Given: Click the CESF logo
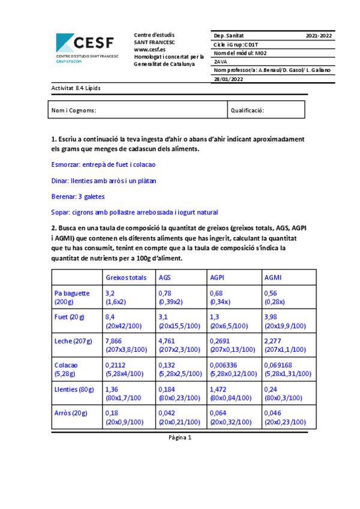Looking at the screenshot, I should (x=87, y=47).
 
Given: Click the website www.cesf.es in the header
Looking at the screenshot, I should (x=149, y=49).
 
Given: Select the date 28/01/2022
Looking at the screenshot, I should (x=229, y=79).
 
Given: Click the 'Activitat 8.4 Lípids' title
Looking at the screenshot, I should (x=76, y=88).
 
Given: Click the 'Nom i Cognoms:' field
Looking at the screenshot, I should (x=74, y=110).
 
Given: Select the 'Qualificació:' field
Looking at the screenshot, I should (x=248, y=110).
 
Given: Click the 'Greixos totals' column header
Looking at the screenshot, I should (x=126, y=277).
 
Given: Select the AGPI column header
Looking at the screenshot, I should (x=217, y=277).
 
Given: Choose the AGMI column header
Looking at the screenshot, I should (x=273, y=277).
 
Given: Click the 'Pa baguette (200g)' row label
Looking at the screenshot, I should (x=72, y=298).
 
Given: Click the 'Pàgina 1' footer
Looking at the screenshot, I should (x=180, y=438).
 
